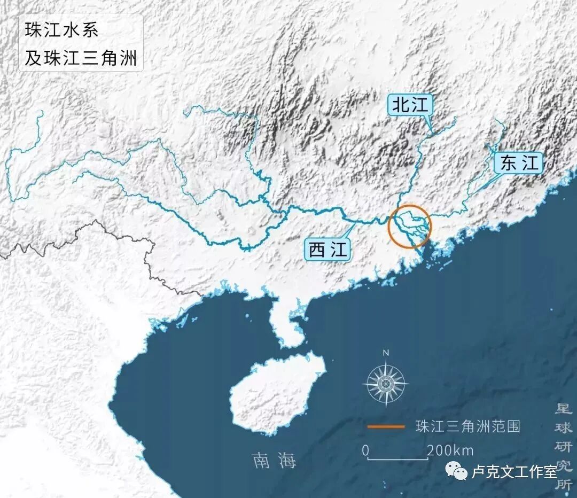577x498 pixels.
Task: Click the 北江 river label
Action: (410, 105)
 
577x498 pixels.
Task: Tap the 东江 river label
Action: (520, 163)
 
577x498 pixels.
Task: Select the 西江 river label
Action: (328, 250)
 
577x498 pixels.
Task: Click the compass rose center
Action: (386, 383)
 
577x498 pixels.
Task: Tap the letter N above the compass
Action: (386, 353)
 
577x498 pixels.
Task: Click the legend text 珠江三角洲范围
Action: (467, 426)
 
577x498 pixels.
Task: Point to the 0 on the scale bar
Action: (365, 450)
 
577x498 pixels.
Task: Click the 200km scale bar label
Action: (450, 450)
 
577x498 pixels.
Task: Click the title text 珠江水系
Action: (62, 30)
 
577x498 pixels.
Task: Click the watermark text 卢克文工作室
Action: (514, 472)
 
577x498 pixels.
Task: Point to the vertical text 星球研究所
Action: (564, 447)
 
